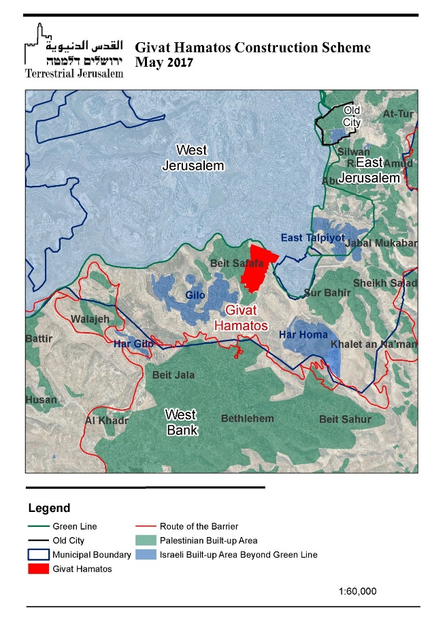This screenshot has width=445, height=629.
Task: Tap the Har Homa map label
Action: tap(303, 335)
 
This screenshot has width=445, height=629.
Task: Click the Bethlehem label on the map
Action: tap(248, 418)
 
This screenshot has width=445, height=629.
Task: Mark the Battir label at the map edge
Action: tap(38, 338)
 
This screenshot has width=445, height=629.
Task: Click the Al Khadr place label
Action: tap(107, 420)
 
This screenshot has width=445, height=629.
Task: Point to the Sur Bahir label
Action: tap(327, 293)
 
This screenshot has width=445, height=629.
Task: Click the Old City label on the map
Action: tap(352, 116)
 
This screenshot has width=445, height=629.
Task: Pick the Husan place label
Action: tap(42, 400)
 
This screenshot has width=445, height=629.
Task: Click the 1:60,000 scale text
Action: tap(357, 591)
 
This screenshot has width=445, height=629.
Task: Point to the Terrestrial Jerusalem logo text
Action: tap(73, 73)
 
